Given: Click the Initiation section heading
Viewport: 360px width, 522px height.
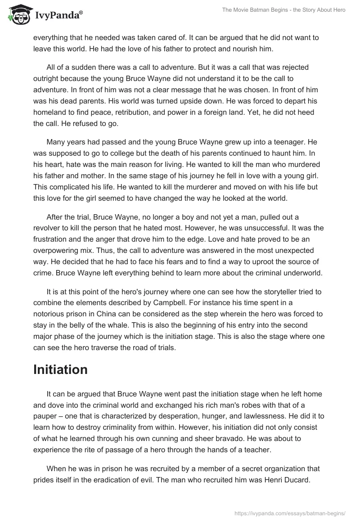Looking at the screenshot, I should point(60,369).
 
